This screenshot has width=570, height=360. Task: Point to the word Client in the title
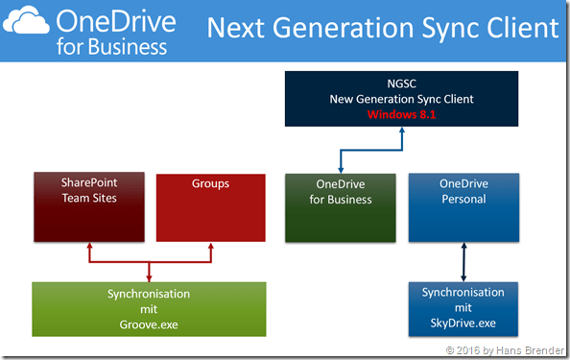pyautogui.click(x=519, y=28)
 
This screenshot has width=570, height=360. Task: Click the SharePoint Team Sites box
pyautogui.click(x=89, y=206)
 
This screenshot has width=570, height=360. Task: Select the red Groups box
pyautogui.click(x=209, y=206)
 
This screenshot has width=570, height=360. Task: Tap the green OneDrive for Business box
pyautogui.click(x=340, y=206)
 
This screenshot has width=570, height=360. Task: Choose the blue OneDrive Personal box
pyautogui.click(x=463, y=206)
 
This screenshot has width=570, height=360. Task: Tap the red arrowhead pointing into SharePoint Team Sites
pyautogui.click(x=89, y=247)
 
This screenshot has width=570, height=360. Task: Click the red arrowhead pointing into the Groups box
pyautogui.click(x=209, y=247)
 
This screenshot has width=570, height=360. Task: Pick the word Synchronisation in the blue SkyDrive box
pyautogui.click(x=463, y=292)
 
